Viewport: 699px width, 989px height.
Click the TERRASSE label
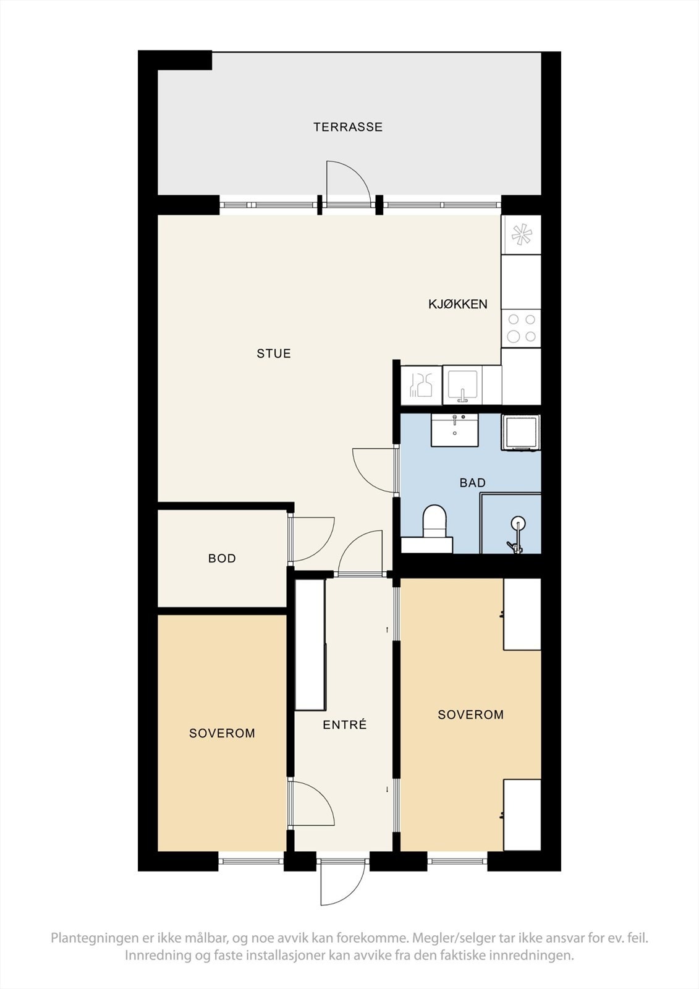point(347,127)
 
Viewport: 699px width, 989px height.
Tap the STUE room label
point(274,354)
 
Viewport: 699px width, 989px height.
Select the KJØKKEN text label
point(458,304)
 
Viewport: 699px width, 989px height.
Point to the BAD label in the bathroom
point(472,483)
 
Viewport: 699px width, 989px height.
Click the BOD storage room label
point(222,559)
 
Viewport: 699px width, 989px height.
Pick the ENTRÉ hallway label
point(345,725)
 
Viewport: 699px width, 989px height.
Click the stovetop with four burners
point(521,328)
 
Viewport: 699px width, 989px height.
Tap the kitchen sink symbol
point(462,385)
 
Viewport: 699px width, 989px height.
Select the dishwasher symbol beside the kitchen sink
point(421,385)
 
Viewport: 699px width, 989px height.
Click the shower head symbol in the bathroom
point(517,525)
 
